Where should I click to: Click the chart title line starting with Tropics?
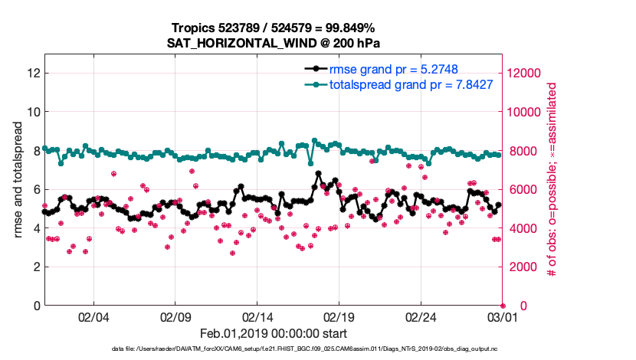pos(274,28)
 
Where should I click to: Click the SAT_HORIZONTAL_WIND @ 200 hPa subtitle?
pos(274,43)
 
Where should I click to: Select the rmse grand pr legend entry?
pos(393,69)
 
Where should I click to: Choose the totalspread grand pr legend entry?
pos(411,84)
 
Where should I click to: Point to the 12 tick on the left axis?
pos(33,74)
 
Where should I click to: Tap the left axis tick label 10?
pos(33,112)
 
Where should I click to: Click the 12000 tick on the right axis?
pos(527,74)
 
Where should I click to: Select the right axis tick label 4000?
pos(524,228)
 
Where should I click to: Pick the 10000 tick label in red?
pos(527,112)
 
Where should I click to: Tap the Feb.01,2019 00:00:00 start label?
pos(274,334)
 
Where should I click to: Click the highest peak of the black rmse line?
pos(318,173)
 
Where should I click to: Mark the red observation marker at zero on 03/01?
pos(503,306)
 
